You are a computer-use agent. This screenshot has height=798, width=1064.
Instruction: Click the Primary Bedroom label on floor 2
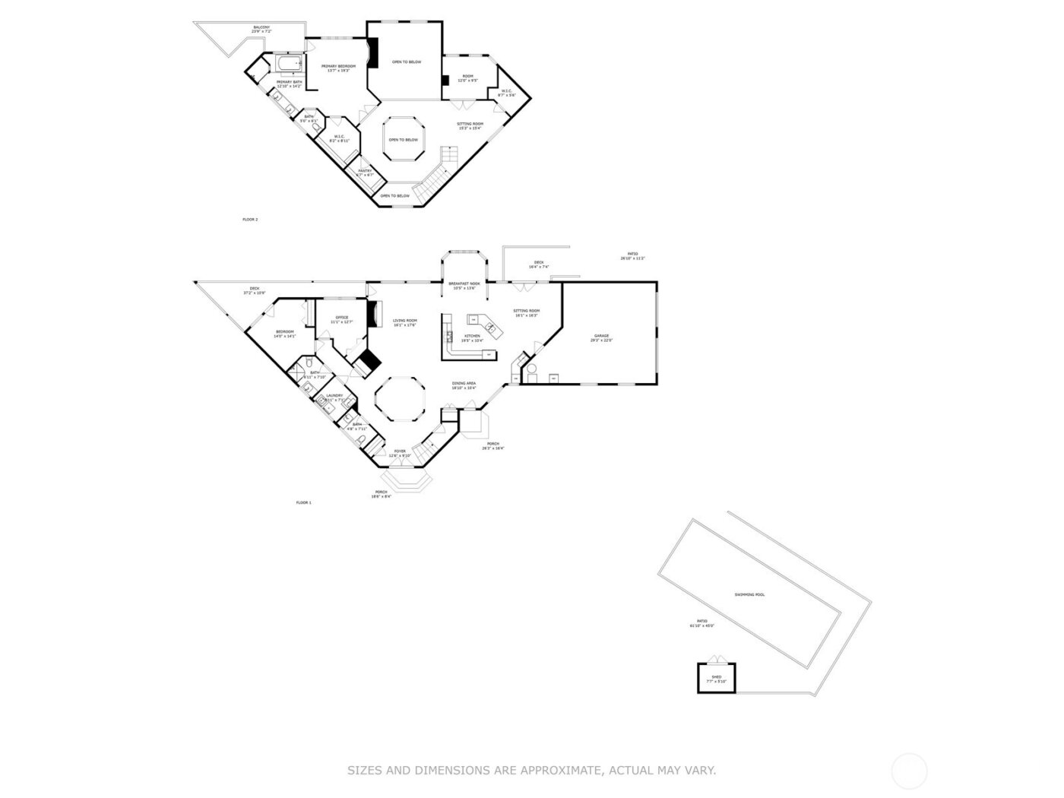tap(338, 67)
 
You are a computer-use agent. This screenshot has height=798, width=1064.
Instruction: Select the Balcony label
tap(261, 28)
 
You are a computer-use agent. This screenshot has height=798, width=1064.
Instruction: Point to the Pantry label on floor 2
tap(365, 171)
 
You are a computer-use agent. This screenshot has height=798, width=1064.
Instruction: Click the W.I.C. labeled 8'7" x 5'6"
tap(507, 91)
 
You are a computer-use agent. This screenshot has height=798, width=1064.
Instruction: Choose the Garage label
tap(601, 336)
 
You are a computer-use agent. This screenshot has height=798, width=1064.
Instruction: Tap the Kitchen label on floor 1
tap(472, 336)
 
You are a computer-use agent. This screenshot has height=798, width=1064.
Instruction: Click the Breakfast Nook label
tap(464, 283)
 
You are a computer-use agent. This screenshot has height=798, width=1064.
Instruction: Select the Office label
tap(341, 318)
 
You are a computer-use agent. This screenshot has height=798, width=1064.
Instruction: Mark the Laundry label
tap(334, 395)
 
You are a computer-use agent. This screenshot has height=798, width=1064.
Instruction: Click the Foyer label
tap(400, 451)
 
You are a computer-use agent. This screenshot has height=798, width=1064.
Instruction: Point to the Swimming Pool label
tap(749, 594)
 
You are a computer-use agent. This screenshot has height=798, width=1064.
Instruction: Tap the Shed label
tap(716, 676)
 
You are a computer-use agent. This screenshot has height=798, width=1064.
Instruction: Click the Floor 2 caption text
tap(250, 220)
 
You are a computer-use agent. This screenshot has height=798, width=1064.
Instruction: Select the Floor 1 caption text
tap(303, 502)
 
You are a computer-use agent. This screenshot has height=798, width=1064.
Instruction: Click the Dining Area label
tap(464, 384)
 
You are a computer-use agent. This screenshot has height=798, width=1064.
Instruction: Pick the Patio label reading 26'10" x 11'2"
tap(632, 255)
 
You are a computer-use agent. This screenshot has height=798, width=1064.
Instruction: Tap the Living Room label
tap(404, 321)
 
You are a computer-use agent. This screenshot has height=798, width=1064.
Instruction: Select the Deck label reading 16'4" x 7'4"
tap(539, 263)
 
